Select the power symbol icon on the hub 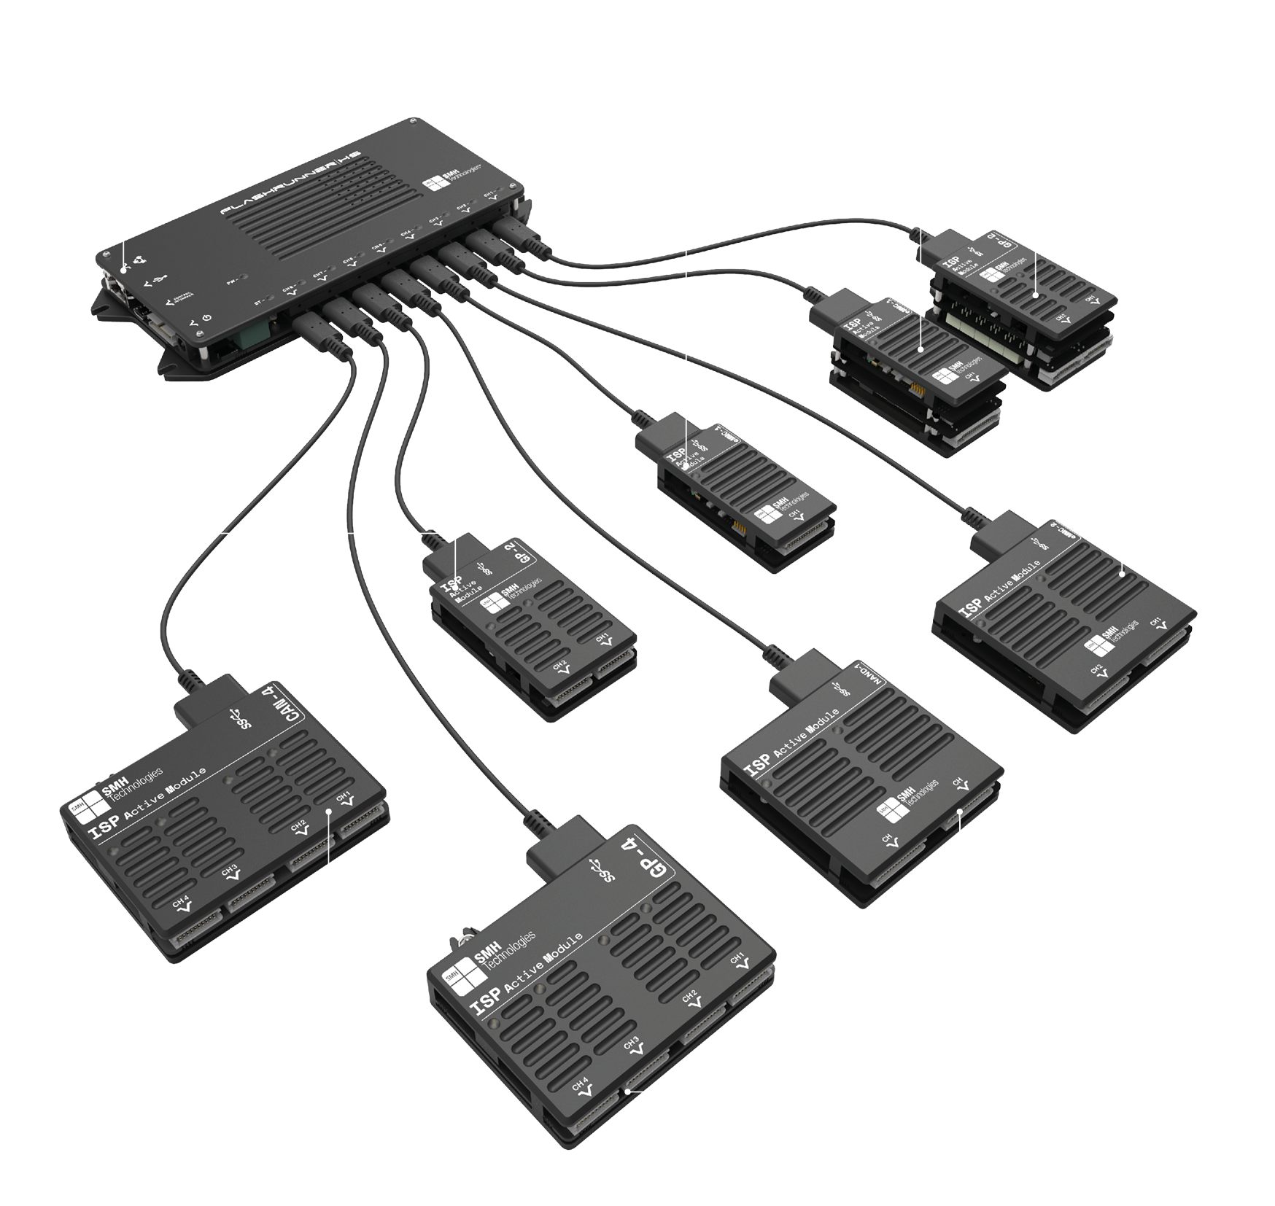pyautogui.click(x=206, y=319)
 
